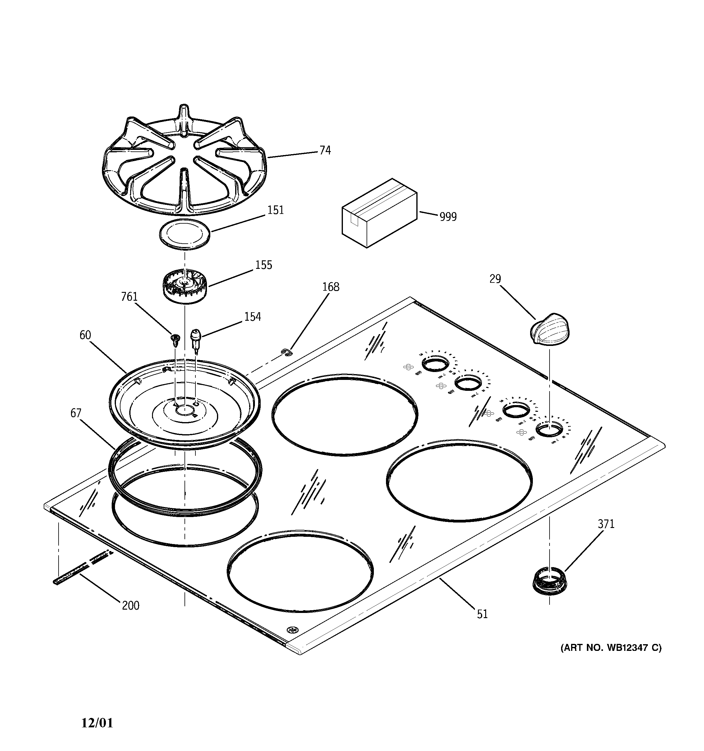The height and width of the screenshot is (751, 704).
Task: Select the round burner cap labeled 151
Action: [184, 234]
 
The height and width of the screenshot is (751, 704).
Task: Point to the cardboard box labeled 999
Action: [379, 213]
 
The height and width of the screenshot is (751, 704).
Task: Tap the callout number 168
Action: [331, 287]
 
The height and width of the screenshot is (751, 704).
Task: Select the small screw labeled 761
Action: [175, 340]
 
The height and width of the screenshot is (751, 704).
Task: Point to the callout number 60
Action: [85, 335]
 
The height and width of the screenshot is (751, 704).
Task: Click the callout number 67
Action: [76, 413]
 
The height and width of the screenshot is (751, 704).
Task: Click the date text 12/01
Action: [97, 723]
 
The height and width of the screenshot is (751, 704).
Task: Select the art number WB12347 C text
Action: [611, 648]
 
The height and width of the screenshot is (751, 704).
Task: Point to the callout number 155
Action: [263, 265]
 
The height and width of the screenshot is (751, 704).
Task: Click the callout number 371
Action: [606, 524]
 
